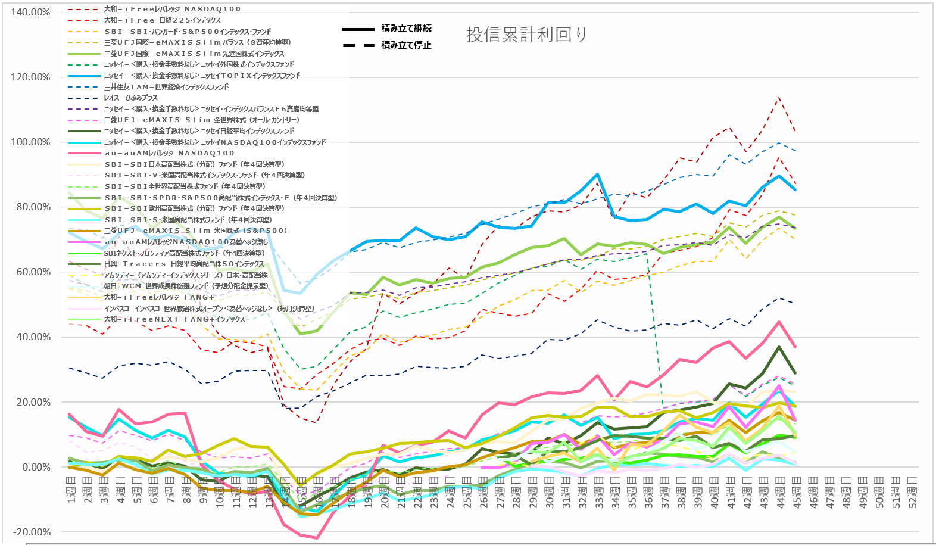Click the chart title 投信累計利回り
[x=526, y=35]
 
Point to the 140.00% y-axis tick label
[x=30, y=12]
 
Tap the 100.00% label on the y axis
[x=30, y=142]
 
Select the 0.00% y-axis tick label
[x=36, y=467]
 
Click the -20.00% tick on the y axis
[x=31, y=532]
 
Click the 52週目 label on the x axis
[x=912, y=493]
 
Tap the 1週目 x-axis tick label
[x=70, y=493]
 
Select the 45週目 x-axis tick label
[x=796, y=493]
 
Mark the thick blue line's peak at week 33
[x=597, y=175]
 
